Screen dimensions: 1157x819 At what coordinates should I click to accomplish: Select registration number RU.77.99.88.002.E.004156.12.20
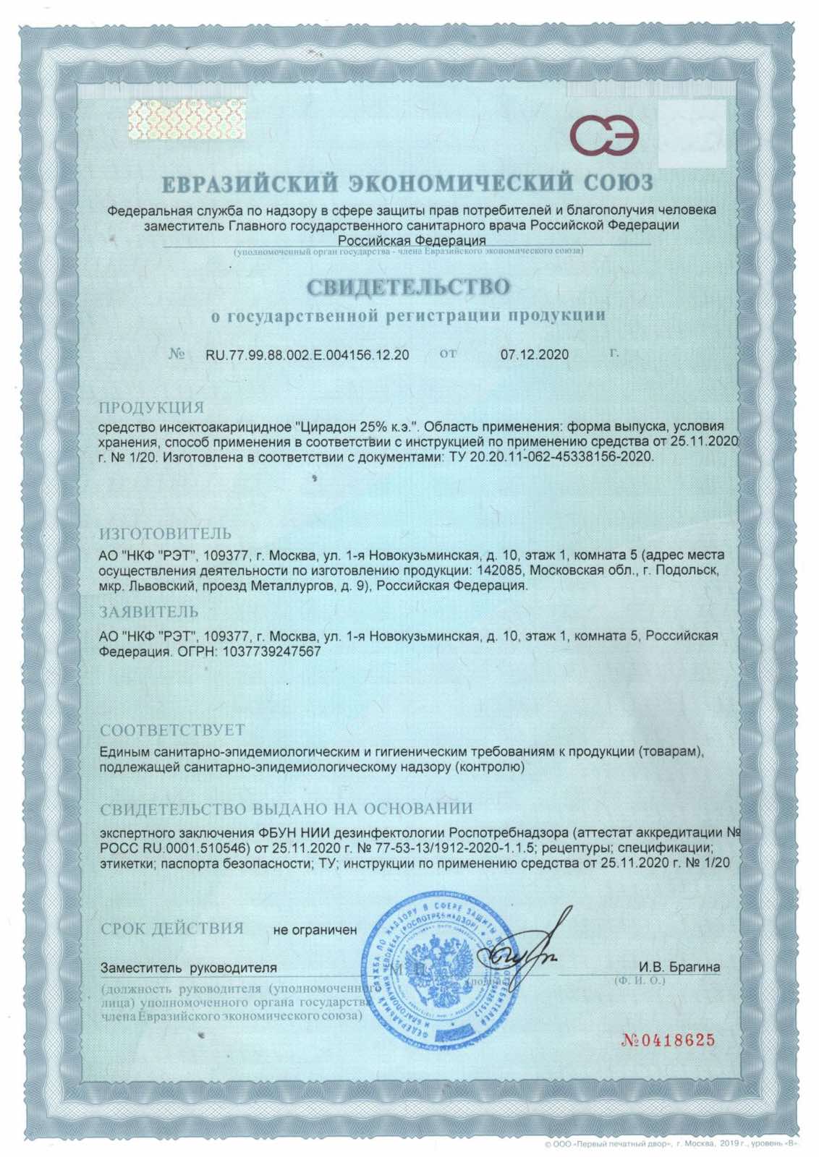[307, 355]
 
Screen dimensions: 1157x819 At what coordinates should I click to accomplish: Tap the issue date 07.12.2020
[534, 355]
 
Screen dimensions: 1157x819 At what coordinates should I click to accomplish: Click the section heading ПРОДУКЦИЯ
[151, 406]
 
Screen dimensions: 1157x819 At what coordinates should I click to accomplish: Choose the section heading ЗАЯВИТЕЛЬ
[148, 612]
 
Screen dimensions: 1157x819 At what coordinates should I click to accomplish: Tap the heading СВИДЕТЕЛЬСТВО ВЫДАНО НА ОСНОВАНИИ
[287, 808]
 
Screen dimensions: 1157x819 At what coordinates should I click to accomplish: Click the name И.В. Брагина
[679, 968]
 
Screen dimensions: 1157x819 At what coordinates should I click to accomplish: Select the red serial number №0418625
[668, 1041]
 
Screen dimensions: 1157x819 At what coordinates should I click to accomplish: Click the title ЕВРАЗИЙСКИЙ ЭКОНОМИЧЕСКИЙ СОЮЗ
[407, 182]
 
